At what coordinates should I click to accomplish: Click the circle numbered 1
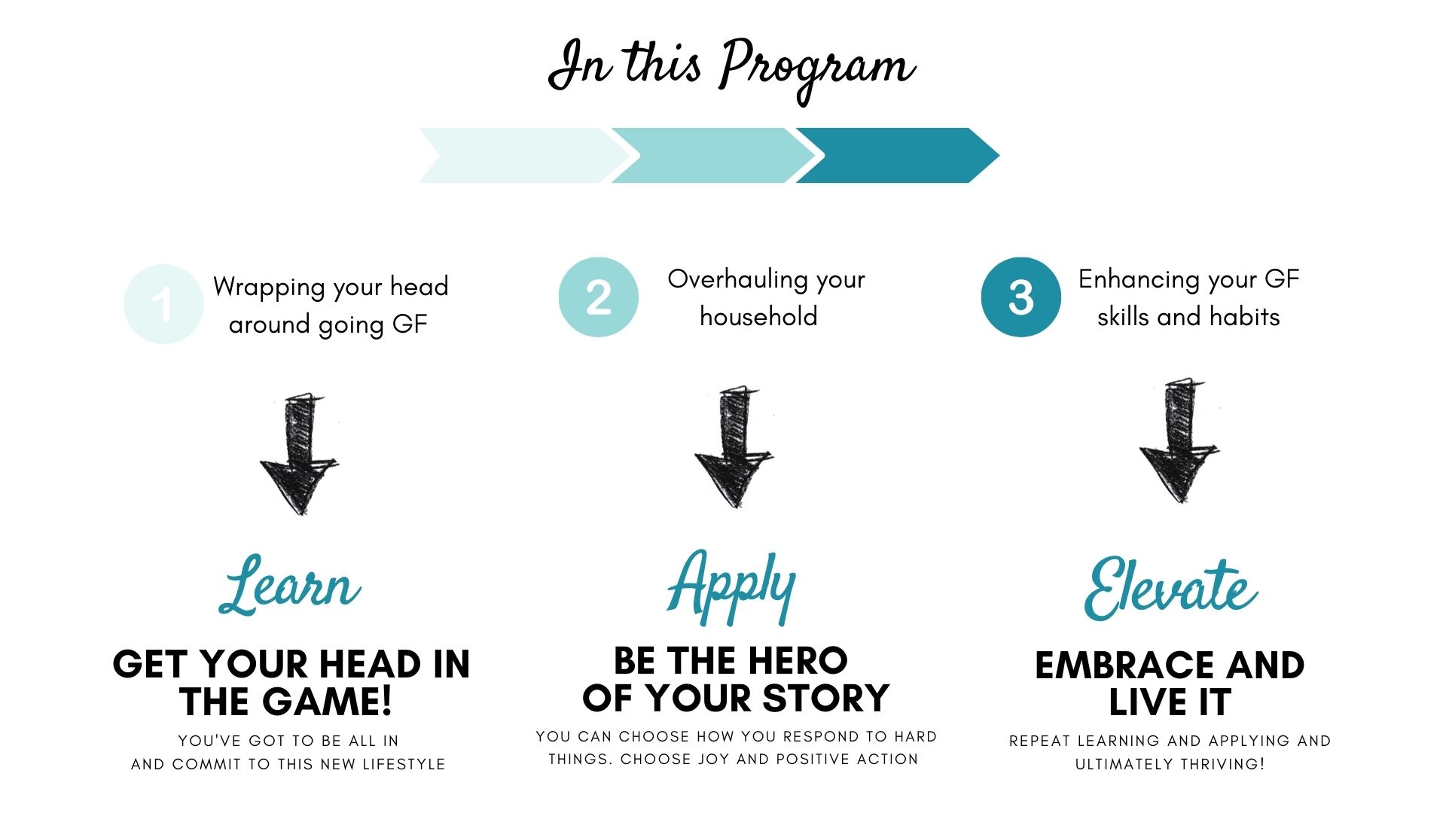(163, 304)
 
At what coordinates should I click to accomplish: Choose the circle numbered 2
(599, 297)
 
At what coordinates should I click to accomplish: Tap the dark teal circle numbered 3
(1021, 297)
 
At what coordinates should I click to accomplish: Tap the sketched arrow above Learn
(299, 453)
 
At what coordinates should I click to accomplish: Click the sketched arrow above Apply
(734, 447)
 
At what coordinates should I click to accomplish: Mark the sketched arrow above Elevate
(1179, 441)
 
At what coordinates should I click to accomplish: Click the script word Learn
(290, 585)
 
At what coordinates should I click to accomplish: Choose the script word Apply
(731, 587)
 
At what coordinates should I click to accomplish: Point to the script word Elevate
(1170, 589)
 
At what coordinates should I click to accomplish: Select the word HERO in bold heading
(798, 661)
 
